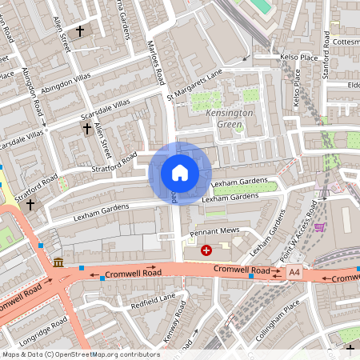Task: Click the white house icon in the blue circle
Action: coord(180,172)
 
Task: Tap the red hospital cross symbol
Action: coord(207,250)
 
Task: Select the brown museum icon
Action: coord(58,262)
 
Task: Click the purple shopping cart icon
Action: coord(321,227)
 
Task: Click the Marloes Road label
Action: coord(157,65)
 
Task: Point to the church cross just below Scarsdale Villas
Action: coord(86,128)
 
